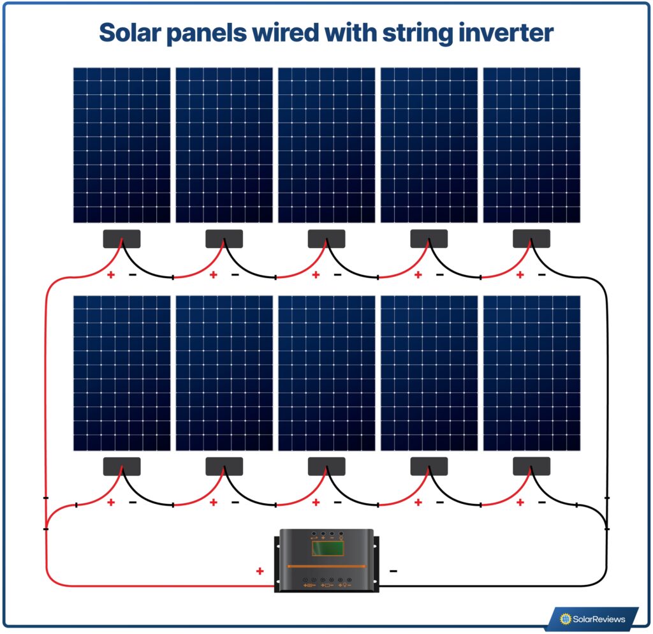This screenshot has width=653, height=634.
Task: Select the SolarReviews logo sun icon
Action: tap(564, 618)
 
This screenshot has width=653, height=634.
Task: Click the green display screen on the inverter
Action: tap(327, 548)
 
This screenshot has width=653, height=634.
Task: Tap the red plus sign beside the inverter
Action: tap(260, 571)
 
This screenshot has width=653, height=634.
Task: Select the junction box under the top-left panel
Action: tap(122, 239)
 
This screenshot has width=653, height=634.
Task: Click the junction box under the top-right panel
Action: tap(531, 239)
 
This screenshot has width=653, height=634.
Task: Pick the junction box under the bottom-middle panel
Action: tap(326, 466)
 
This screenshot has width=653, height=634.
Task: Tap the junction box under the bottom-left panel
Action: tap(122, 466)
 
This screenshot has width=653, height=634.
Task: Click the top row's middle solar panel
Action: tap(326, 145)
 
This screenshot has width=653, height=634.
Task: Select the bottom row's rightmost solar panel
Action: tap(532, 373)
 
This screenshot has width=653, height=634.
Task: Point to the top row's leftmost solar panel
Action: tap(122, 145)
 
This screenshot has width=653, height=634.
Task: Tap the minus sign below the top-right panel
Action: tap(542, 275)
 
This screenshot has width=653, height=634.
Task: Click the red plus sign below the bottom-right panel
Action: tap(520, 503)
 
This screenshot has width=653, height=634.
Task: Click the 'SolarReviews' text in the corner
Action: tap(598, 619)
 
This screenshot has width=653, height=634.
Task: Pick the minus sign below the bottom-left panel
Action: tap(133, 503)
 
